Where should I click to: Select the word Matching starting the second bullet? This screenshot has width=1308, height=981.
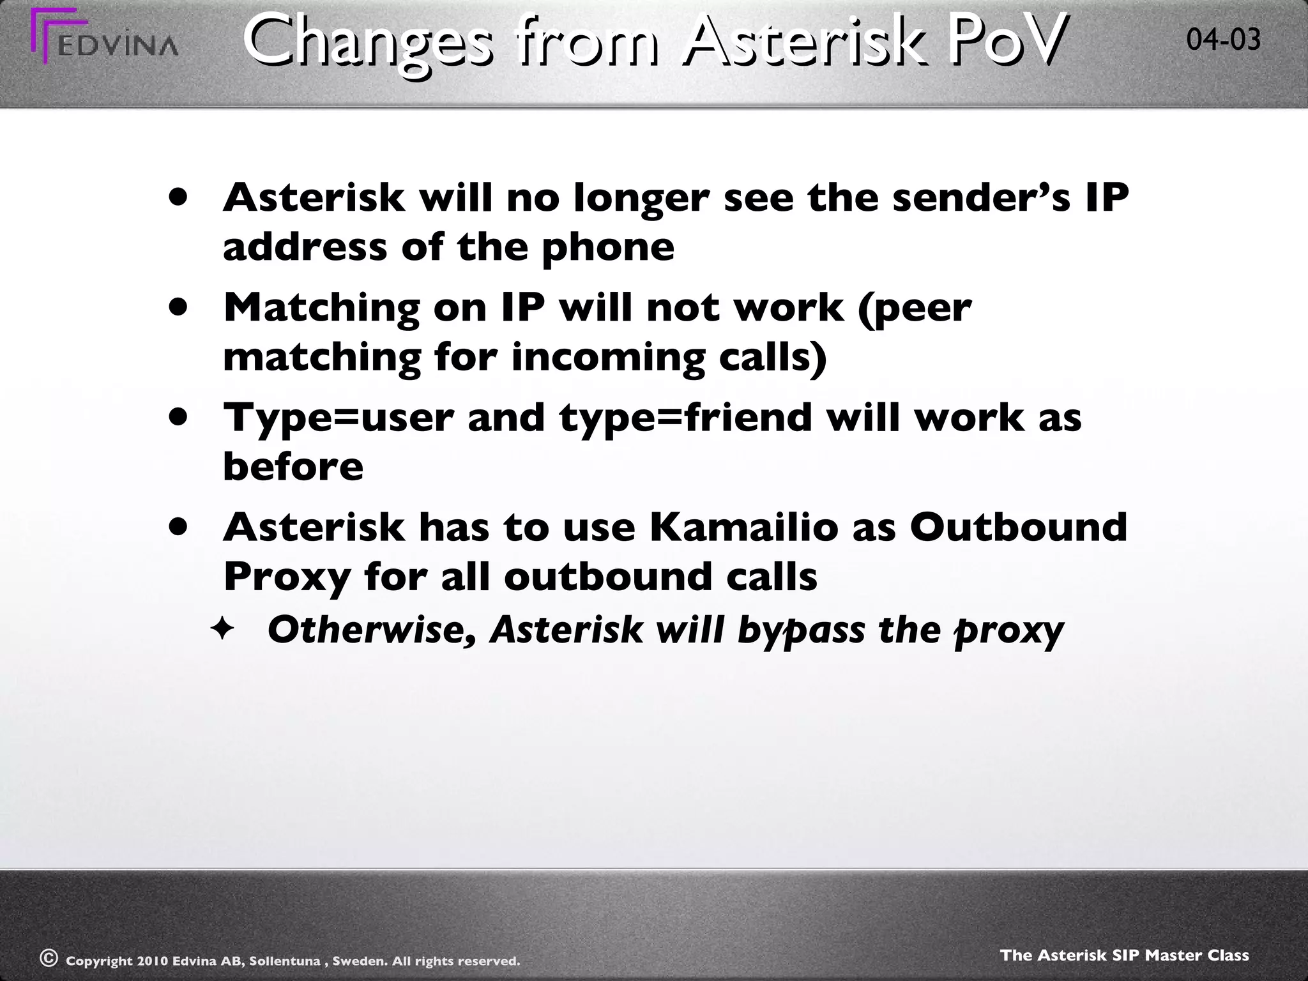322,308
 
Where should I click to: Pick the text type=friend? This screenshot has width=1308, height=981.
687,418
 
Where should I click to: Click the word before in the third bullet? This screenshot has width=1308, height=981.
293,467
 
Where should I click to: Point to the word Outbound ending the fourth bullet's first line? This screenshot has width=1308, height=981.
1018,528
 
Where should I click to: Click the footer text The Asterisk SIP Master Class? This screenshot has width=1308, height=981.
1124,955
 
